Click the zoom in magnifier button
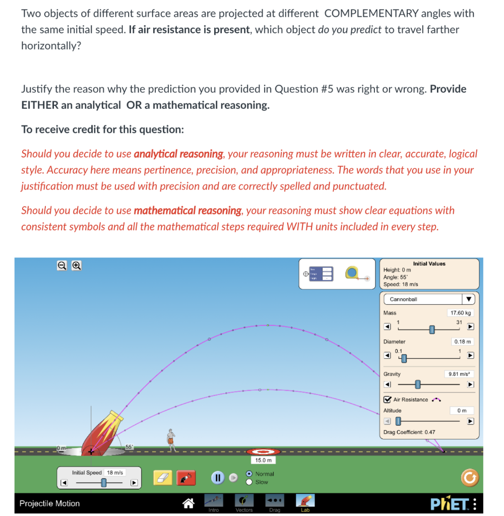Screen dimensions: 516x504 coord(77,265)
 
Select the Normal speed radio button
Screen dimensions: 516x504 coord(249,474)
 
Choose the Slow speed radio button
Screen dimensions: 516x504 coord(249,482)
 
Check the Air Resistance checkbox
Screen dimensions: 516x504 coord(387,400)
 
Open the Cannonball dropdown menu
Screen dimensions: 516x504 coord(429,299)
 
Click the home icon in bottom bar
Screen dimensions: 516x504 coord(188,502)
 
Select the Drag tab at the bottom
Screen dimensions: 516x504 coord(275,502)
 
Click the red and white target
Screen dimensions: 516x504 coord(263,452)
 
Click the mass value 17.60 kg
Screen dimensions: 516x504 coord(460,313)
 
